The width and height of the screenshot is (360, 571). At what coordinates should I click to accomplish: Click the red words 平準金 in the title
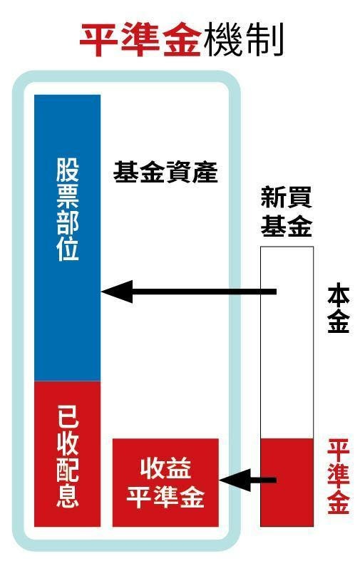tap(140, 39)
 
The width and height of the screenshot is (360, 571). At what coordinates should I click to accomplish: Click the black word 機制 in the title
tap(244, 39)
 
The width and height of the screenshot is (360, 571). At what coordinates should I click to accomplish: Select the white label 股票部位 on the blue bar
tap(67, 209)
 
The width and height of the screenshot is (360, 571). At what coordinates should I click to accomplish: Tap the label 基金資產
tap(165, 173)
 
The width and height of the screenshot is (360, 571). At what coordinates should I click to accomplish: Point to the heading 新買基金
tap(287, 212)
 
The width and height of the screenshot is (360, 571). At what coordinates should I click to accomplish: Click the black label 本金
tap(339, 309)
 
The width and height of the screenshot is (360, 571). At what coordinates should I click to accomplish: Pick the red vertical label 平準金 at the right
tap(339, 476)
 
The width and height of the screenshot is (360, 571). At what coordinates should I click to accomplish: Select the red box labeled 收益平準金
tap(165, 483)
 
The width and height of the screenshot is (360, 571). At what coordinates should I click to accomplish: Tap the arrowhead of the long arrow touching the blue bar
tap(116, 292)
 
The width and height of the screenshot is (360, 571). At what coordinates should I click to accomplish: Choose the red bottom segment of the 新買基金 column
tap(287, 483)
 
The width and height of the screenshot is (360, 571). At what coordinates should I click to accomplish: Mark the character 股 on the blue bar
tap(67, 170)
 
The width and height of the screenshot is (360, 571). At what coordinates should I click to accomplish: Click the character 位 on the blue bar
tap(67, 249)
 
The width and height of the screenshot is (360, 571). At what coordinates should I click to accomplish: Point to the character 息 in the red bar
tap(67, 496)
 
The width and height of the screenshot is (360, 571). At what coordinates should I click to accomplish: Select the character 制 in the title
tap(264, 39)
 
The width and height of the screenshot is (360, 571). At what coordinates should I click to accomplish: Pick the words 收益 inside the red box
tap(165, 468)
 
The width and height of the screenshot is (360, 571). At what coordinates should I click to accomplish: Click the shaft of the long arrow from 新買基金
tap(204, 292)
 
